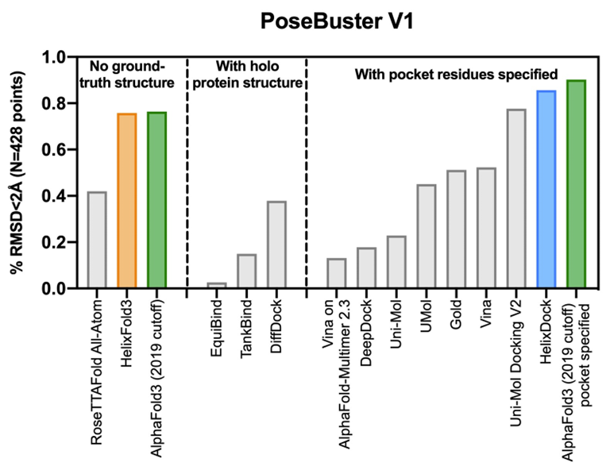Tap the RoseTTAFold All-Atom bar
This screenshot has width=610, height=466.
point(97,239)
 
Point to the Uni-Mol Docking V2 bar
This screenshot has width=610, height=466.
point(516,198)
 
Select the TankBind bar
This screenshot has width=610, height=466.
point(247,271)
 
